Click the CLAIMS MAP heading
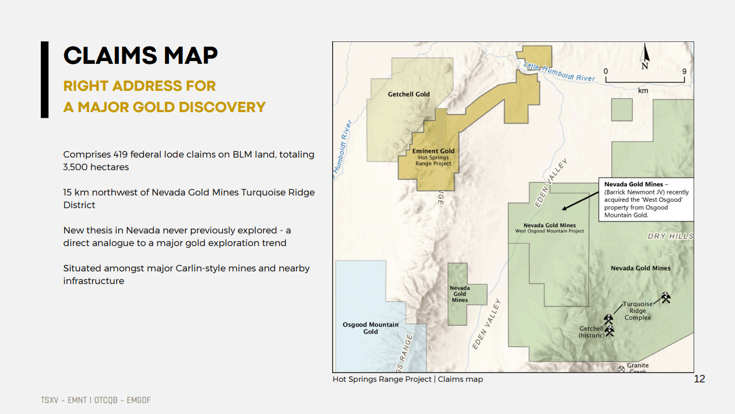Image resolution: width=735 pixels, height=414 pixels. (x=140, y=55)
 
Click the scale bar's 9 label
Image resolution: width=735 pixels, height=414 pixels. (x=684, y=71)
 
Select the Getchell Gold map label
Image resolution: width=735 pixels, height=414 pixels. (x=409, y=94)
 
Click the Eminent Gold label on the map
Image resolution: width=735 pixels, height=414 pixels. (x=433, y=151)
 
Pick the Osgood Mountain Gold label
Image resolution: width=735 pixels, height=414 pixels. (x=371, y=328)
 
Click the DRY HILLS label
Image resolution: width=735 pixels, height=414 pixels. (x=671, y=236)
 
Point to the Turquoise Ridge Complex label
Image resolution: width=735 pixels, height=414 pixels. (x=637, y=310)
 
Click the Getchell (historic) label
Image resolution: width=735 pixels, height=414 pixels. (x=591, y=332)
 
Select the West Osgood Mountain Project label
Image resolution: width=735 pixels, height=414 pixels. (x=549, y=231)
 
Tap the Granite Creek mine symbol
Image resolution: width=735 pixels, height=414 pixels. (x=621, y=369)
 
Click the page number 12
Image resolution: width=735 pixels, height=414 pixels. (x=699, y=379)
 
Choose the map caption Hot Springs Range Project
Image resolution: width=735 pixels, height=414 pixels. (x=382, y=379)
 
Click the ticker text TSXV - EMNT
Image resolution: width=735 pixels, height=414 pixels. (x=64, y=400)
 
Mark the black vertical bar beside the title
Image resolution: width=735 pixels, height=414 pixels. (x=45, y=79)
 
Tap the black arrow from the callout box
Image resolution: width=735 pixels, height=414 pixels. (x=580, y=201)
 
